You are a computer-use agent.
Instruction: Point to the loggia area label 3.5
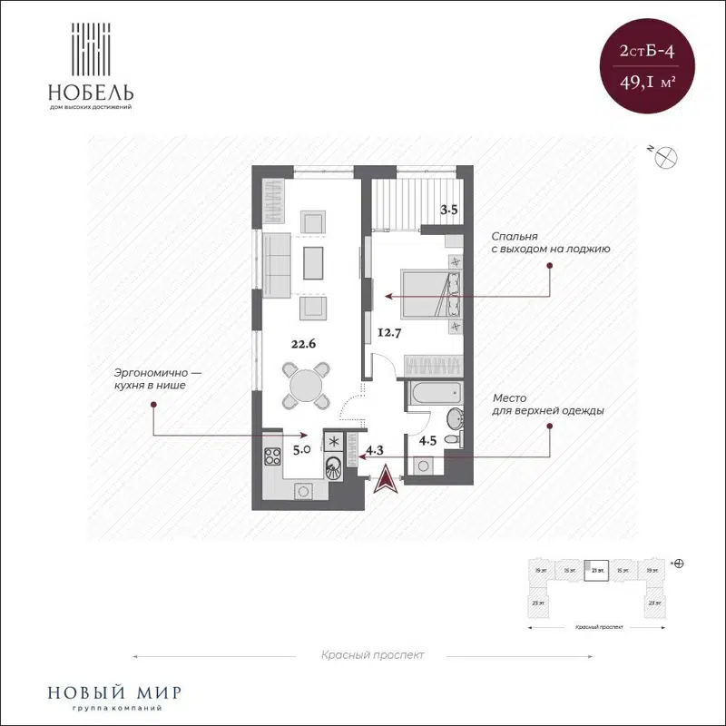449,211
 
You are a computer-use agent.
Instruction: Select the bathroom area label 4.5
427,443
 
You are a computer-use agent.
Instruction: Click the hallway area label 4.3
376,448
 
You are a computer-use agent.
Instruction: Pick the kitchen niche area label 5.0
301,448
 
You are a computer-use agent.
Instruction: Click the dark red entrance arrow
387,478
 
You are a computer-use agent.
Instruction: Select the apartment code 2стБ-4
645,54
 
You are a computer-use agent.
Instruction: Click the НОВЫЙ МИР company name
105,692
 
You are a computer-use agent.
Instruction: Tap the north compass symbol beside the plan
667,156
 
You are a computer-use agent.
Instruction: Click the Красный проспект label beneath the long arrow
372,654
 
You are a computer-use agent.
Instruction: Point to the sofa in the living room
277,263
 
